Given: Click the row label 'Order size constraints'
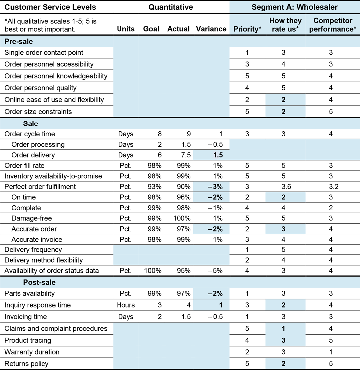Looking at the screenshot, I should tap(38, 112).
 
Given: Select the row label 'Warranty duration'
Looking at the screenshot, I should tap(32, 352).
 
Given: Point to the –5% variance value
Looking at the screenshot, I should tap(217, 270).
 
